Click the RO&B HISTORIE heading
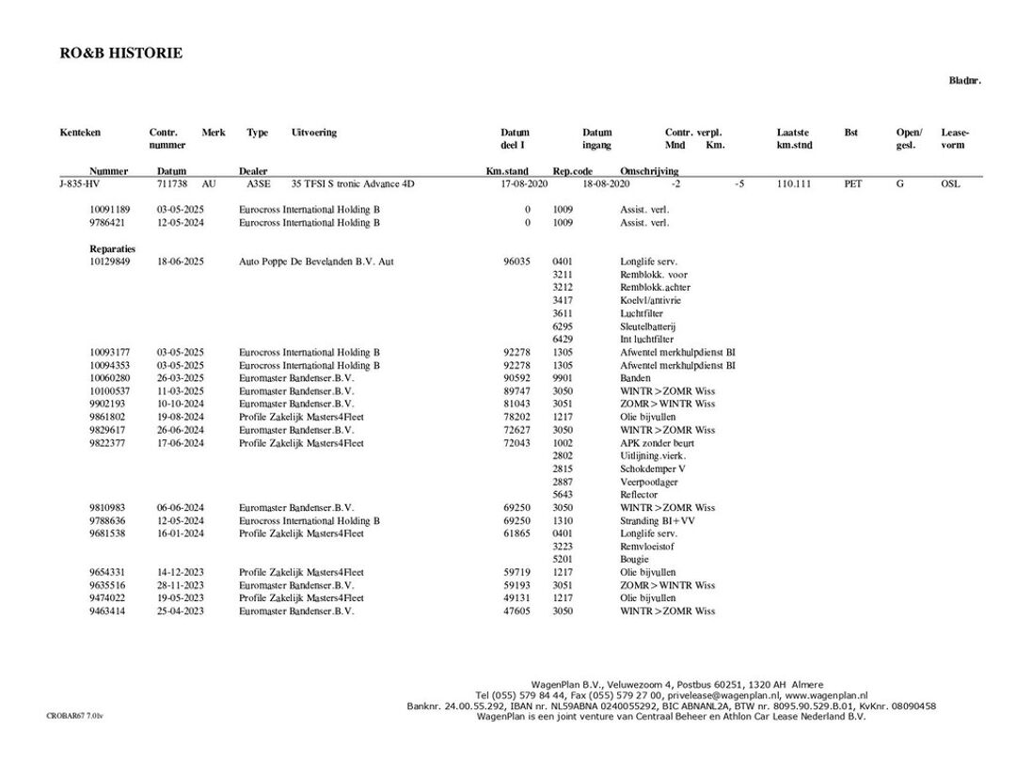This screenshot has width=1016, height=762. click(x=121, y=54)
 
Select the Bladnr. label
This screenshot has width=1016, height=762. click(x=964, y=81)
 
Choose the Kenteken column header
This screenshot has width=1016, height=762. click(x=80, y=133)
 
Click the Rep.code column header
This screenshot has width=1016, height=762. click(x=572, y=171)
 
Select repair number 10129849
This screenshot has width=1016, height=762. click(x=110, y=262)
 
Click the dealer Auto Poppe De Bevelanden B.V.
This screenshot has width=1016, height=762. click(x=316, y=262)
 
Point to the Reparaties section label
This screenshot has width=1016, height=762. click(x=113, y=248)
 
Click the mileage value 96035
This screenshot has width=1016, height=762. click(x=517, y=262)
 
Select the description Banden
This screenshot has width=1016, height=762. click(x=635, y=378)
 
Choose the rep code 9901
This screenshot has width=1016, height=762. click(x=563, y=378)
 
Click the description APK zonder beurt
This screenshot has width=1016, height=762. click(x=656, y=443)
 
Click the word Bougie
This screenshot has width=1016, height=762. click(x=635, y=559)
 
